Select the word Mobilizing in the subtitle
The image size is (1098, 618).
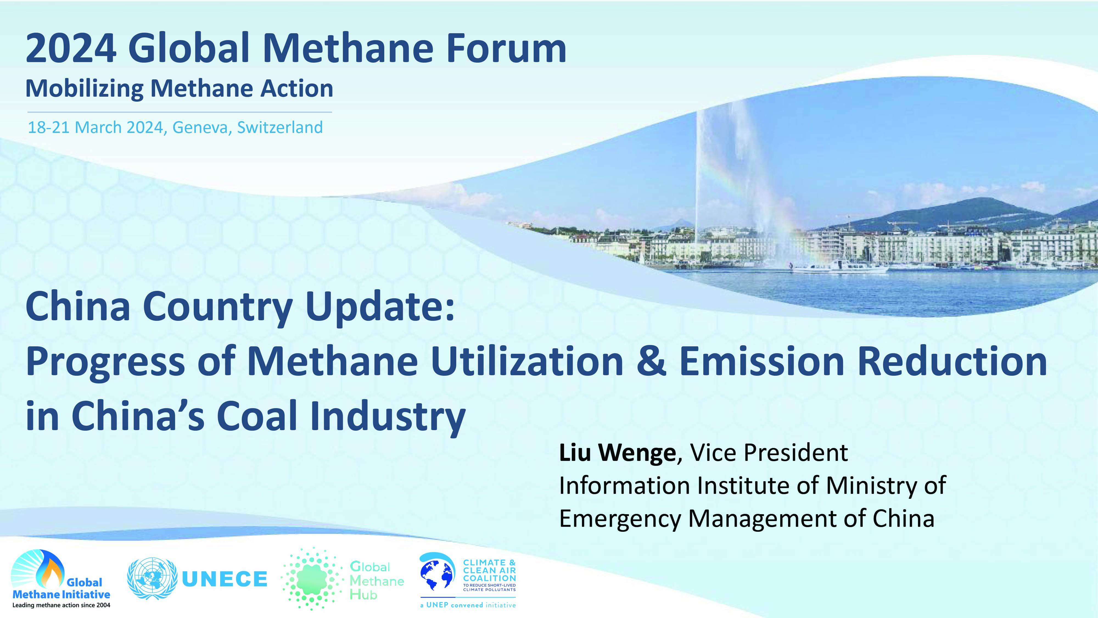(84, 89)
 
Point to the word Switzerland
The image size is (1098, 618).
(280, 127)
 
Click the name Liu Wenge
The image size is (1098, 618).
(618, 453)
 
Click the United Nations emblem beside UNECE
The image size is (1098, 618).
(152, 579)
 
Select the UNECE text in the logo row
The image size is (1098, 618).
(225, 579)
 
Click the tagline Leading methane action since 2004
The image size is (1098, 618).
(61, 605)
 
